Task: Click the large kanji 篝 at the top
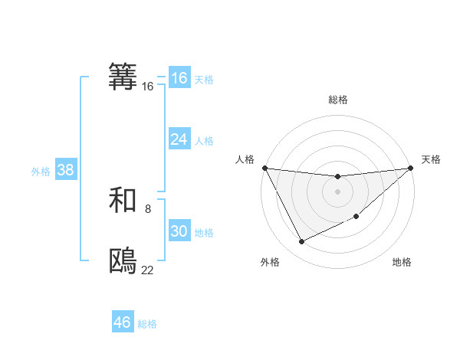(123, 77)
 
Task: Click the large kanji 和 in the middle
(123, 200)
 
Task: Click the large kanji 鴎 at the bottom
(123, 261)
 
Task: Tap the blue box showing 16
(179, 78)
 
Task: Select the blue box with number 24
(179, 139)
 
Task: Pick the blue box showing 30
(179, 231)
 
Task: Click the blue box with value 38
(65, 170)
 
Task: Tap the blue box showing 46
(123, 322)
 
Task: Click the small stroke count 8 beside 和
(148, 208)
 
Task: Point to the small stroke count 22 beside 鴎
(148, 270)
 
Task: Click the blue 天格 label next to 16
(204, 79)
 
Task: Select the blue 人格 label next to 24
(204, 140)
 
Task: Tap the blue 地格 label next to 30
(204, 232)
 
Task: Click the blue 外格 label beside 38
(41, 171)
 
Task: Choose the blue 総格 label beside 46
(147, 323)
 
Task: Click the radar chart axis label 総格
(337, 100)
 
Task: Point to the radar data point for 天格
(410, 168)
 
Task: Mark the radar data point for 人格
(264, 168)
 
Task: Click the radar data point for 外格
(301, 242)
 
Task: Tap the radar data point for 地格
(357, 218)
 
